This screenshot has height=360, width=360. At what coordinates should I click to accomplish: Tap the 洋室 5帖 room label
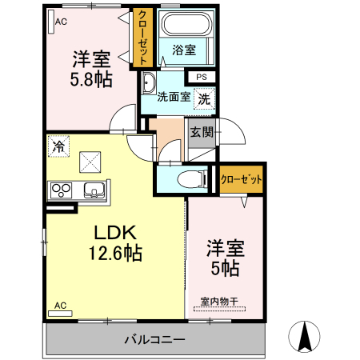pos(224,258)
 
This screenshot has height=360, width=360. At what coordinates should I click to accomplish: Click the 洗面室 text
pos(173,98)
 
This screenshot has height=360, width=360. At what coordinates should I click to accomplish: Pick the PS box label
pos(201,77)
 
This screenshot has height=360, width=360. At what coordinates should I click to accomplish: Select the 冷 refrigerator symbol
pos(58,146)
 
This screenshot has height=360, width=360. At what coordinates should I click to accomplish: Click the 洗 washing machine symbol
pos(205,99)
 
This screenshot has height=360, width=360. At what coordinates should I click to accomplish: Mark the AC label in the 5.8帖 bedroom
pos(59,22)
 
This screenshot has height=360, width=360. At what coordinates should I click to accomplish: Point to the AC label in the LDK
pos(59,305)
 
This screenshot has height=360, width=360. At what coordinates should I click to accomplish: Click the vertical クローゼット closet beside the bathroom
pos(142,38)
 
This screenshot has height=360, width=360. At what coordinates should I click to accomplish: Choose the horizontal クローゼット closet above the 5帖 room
pos(241,180)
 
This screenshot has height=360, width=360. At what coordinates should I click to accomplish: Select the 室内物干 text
pos(218,301)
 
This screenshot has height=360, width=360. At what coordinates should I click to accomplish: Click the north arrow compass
pos(305,335)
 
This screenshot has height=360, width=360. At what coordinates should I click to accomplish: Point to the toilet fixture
pos(182,178)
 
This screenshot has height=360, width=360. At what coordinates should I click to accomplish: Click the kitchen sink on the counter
pos(93,190)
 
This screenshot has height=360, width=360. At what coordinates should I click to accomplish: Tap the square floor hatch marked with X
pos(90,162)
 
